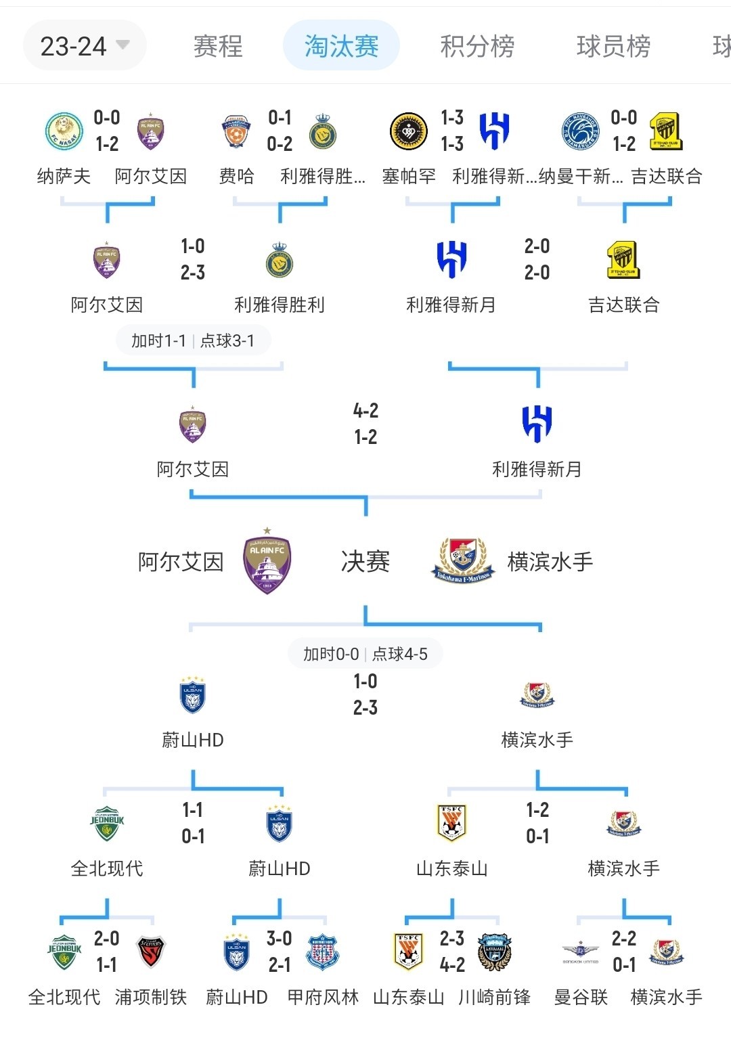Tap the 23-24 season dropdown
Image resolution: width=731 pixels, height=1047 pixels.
(84, 46)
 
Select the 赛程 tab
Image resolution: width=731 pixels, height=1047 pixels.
(217, 46)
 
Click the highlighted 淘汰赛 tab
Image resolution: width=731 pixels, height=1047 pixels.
(341, 46)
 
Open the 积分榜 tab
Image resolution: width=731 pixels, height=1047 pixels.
(477, 46)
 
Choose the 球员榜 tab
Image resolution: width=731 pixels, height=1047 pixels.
(613, 46)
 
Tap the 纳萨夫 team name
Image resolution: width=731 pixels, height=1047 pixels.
(64, 177)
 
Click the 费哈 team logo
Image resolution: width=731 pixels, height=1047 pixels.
(236, 131)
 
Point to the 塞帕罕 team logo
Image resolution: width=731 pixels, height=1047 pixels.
(409, 131)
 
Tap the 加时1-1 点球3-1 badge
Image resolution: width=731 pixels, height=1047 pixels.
(193, 340)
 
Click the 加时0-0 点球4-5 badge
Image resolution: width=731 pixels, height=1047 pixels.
(365, 654)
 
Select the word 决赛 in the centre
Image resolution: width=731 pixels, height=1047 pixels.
(365, 562)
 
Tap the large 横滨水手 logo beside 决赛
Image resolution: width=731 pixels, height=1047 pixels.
(464, 561)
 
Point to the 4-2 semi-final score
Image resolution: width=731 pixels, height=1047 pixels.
(365, 411)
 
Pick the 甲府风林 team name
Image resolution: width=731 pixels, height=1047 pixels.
(323, 997)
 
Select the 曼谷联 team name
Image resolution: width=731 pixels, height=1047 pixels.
(581, 997)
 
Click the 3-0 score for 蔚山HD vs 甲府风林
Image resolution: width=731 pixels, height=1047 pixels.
(279, 939)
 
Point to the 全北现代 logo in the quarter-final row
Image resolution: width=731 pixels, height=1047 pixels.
(107, 823)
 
